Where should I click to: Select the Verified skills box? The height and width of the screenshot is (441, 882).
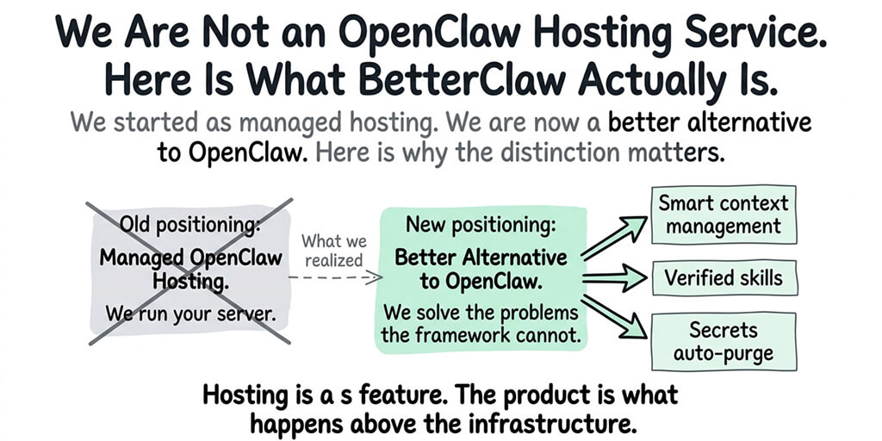[724, 277]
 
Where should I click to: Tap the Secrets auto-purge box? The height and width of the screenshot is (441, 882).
[724, 341]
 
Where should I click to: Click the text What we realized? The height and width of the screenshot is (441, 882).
[333, 251]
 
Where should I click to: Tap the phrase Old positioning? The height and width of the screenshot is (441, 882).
[191, 226]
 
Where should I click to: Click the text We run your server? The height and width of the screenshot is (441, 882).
[191, 313]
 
